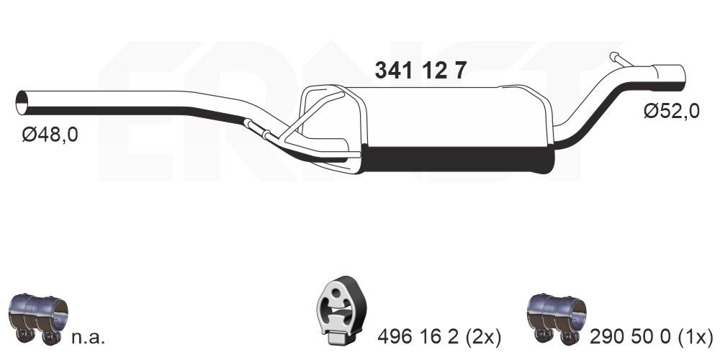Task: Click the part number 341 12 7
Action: (x=421, y=70)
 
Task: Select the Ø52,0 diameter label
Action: (x=672, y=112)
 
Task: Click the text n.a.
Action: (x=90, y=336)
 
